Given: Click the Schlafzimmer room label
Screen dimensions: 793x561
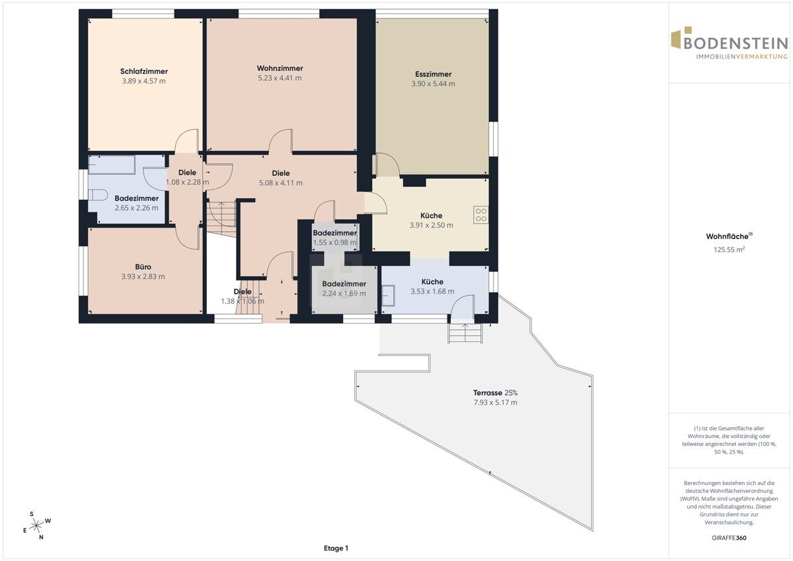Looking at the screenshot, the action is point(144,71).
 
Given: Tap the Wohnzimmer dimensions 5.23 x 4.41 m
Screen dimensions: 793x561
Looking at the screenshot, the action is point(280,78).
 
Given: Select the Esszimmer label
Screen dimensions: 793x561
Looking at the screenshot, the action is point(433,74).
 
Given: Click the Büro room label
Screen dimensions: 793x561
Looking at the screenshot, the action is point(143,267).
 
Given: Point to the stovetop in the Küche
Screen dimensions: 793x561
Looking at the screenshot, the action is point(481,215).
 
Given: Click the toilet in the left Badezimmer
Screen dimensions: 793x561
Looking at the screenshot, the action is point(98,195).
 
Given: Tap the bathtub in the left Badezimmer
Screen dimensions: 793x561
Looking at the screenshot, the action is point(112,165).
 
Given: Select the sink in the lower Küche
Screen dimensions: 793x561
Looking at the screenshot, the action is point(389,296).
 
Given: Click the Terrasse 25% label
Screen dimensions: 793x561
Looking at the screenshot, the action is point(495,393).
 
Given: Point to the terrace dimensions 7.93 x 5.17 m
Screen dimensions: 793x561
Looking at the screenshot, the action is point(495,403).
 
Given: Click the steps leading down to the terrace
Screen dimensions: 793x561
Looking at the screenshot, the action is point(465,333).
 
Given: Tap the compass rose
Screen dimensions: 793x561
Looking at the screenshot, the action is point(36,525).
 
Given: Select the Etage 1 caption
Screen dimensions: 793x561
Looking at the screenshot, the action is point(336,548).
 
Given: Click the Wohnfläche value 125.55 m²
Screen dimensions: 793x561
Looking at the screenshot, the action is point(729,249).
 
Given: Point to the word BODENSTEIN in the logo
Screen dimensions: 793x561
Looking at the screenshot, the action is point(736,43).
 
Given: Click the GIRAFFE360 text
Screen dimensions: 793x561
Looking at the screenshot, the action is point(729,538).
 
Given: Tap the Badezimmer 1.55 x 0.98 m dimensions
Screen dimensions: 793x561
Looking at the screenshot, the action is point(335,243).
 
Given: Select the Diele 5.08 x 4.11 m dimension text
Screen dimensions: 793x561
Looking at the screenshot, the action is point(281,183).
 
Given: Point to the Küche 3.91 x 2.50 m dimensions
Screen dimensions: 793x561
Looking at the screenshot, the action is point(431,225).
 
